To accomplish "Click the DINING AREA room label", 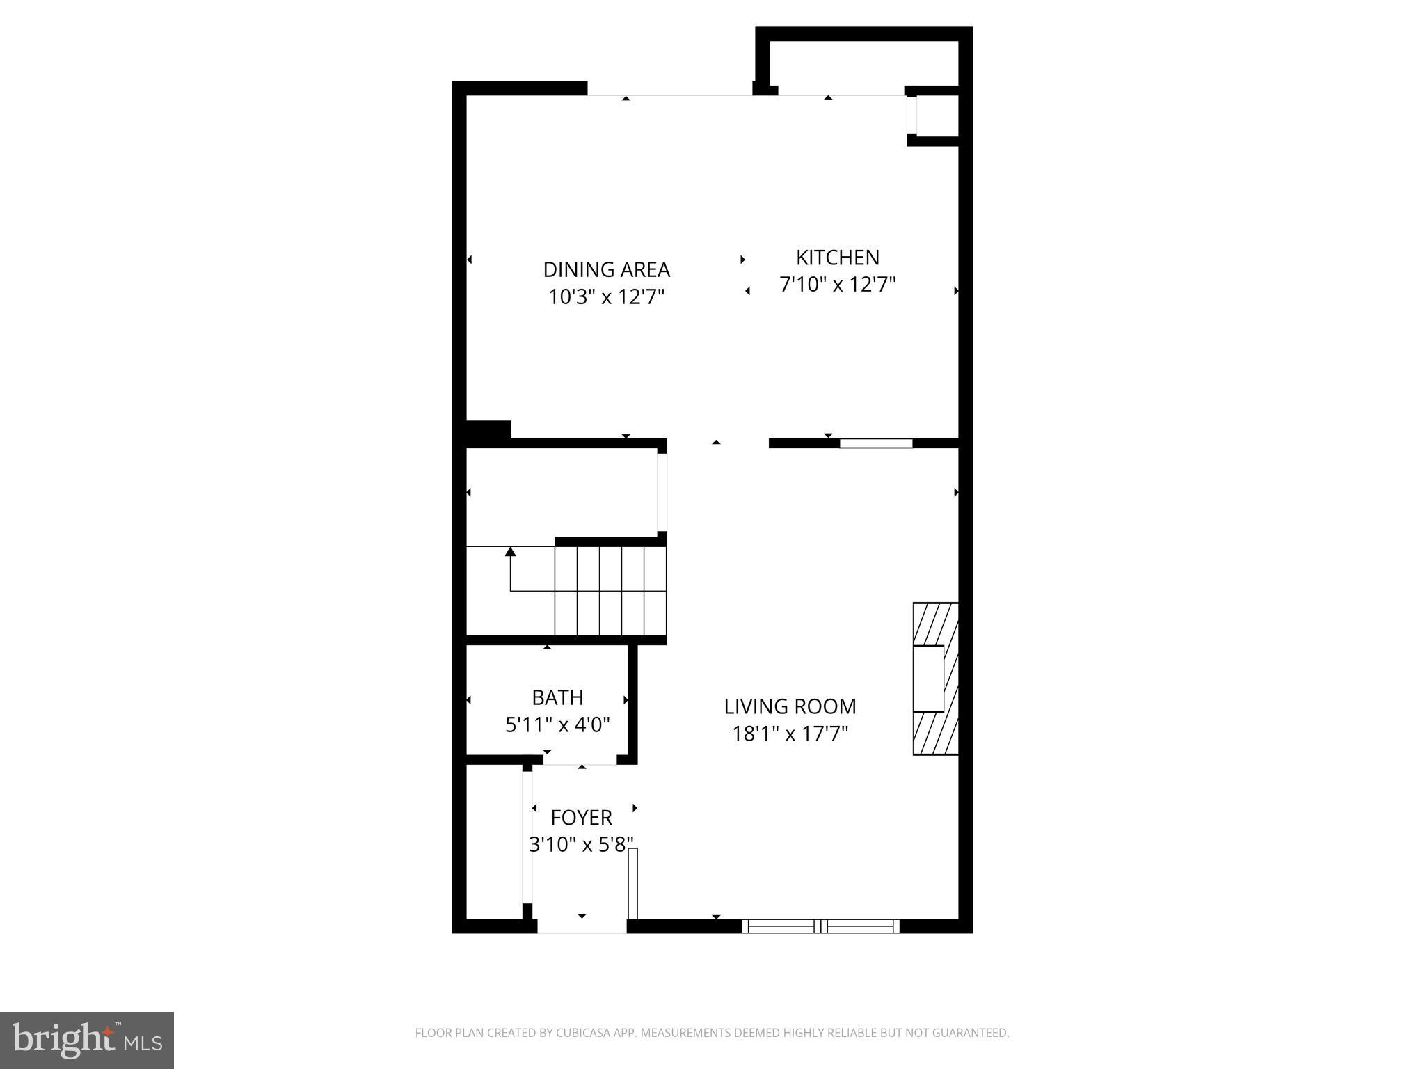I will click(606, 269).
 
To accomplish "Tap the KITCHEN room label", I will click(837, 258).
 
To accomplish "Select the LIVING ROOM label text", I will click(790, 706).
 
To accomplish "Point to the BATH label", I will click(557, 697).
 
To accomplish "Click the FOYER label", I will click(581, 817).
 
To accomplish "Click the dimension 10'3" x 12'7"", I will click(606, 297).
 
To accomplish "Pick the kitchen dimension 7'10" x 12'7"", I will click(837, 285).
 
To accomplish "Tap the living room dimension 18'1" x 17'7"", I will click(790, 734).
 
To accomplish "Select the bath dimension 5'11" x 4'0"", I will click(557, 725).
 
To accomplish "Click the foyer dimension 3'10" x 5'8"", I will click(581, 845).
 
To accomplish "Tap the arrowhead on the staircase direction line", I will click(510, 552).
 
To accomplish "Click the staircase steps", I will click(610, 591).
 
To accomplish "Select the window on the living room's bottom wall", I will click(821, 926).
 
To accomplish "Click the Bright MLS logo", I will click(87, 1040).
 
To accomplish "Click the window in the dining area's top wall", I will click(669, 88).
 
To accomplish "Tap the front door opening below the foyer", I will click(582, 926).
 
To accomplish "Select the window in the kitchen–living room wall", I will click(876, 443).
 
